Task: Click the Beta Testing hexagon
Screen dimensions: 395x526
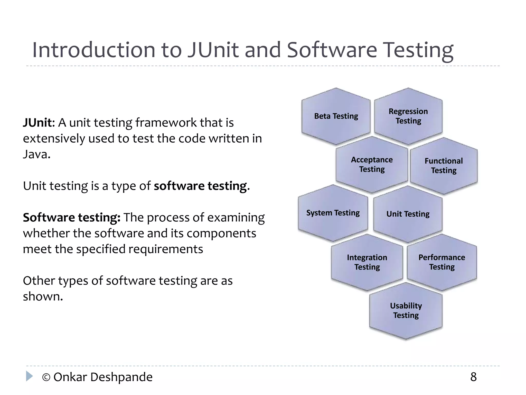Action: (336, 116)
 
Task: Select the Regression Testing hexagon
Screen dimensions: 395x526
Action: (408, 116)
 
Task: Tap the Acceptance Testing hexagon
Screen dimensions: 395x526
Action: (372, 165)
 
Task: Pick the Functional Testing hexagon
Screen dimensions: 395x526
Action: (444, 166)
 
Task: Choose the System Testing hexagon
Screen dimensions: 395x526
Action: (333, 213)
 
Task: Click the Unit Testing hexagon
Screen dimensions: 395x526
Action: (408, 214)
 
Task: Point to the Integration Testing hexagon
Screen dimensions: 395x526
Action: (367, 262)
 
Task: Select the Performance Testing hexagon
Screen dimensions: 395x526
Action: (442, 262)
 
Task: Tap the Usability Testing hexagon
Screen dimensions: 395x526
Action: (406, 310)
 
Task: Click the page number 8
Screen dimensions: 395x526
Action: (473, 377)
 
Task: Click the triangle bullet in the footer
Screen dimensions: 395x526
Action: (29, 376)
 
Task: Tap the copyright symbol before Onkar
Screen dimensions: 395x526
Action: (46, 378)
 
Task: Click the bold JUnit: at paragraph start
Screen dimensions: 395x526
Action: (39, 123)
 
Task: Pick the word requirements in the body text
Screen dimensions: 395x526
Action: (166, 249)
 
